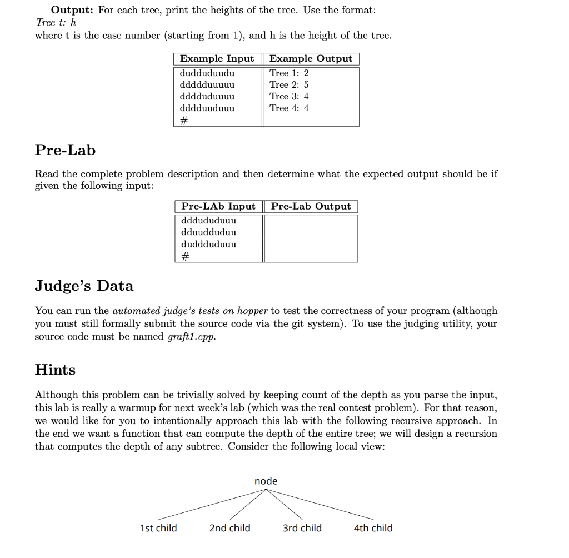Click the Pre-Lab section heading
[65, 150]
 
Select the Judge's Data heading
[84, 286]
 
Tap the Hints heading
[55, 370]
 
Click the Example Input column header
[217, 59]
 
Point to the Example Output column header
[311, 59]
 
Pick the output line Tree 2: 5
[289, 85]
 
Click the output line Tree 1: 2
[289, 73]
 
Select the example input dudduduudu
[207, 73]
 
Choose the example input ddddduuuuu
[207, 85]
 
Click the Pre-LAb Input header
[218, 206]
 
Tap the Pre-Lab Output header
[311, 206]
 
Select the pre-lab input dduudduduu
[208, 232]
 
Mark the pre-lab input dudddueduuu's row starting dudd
[208, 244]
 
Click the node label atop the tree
[266, 481]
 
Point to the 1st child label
[158, 528]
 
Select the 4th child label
[373, 528]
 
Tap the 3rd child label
[302, 528]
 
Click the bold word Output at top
[71, 10]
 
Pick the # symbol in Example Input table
[184, 120]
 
